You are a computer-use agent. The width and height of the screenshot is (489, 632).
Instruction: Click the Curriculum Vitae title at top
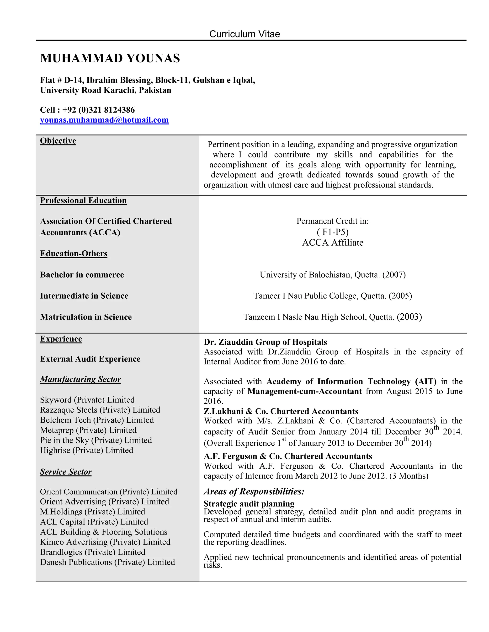[244, 34]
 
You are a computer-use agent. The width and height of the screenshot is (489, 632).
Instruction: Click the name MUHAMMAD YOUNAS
[110, 58]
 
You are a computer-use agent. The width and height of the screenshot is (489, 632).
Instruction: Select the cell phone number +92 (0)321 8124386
[99, 110]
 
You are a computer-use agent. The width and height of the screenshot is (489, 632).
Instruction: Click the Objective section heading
[58, 141]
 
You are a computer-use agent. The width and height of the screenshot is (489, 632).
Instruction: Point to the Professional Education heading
[83, 200]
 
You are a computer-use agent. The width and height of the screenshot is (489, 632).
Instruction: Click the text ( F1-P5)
[333, 232]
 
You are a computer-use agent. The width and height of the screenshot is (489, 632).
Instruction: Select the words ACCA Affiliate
[333, 242]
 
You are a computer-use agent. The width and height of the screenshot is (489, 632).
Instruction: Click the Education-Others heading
[74, 254]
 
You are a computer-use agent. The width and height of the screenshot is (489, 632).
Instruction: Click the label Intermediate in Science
[84, 295]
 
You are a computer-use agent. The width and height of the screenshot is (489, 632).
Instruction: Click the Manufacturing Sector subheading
[80, 379]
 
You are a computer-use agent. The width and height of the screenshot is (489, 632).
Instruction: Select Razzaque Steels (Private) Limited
[100, 410]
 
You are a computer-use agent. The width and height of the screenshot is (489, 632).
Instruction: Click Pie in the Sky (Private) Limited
[96, 440]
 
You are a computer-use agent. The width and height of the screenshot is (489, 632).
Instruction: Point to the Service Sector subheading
[66, 472]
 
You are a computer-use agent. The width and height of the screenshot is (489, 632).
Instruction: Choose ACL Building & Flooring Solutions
[103, 532]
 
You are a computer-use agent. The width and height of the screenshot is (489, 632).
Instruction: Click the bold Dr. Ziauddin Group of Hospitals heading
[265, 342]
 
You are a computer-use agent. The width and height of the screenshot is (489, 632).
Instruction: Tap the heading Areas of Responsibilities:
[254, 491]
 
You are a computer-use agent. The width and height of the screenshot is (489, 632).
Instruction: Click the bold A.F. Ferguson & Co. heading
[288, 456]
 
